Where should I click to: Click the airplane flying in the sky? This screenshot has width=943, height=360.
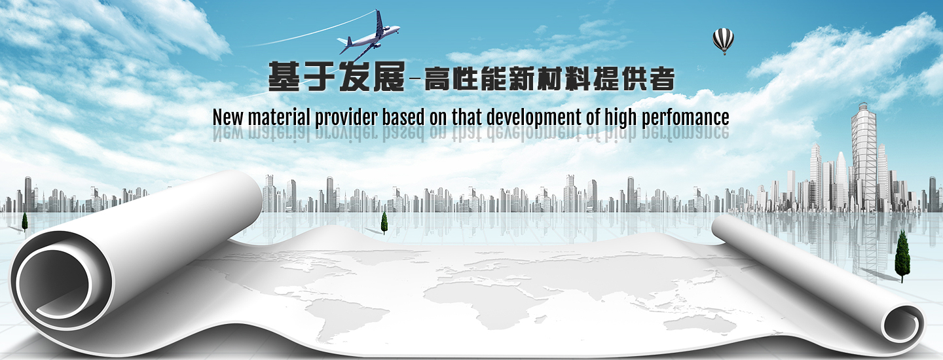coord(369,36)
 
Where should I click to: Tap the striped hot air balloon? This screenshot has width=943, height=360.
coord(723,41)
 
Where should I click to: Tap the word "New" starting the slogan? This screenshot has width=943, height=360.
coord(228,117)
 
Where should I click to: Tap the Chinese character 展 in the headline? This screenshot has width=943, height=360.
coord(388,77)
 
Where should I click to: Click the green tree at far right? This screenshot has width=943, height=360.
coord(902,256)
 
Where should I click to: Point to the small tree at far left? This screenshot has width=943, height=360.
coord(25,221)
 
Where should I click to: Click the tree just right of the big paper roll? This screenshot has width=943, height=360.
coord(384,223)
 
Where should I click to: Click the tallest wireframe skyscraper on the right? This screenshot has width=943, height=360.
coord(864,156)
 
